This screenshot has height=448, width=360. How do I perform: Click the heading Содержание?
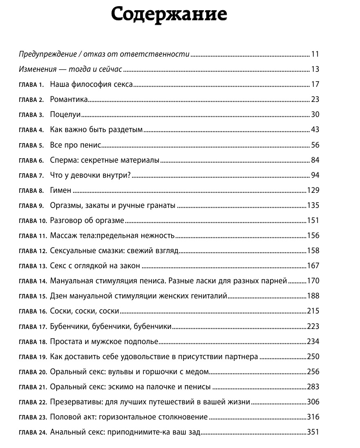pyautogui.click(x=169, y=15)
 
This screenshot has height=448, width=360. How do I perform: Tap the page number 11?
pyautogui.click(x=314, y=54)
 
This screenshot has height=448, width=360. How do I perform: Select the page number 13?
pyautogui.click(x=314, y=69)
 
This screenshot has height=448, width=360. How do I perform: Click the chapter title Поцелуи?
pyautogui.click(x=66, y=115)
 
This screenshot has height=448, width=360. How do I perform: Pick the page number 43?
pyautogui.click(x=314, y=130)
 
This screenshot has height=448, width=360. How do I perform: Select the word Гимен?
pyautogui.click(x=61, y=190)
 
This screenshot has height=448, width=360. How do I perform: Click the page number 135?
pyautogui.click(x=313, y=205)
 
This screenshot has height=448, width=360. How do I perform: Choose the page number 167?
pyautogui.click(x=313, y=266)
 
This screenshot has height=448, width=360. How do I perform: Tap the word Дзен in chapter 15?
pyautogui.click(x=59, y=296)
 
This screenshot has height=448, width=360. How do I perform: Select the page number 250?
pyautogui.click(x=313, y=357)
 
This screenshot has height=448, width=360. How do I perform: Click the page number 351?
pyautogui.click(x=313, y=433)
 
